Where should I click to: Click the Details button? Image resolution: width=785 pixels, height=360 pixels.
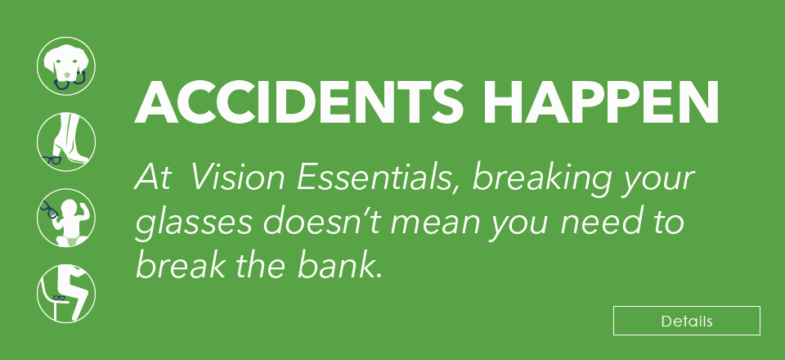pos(686,321)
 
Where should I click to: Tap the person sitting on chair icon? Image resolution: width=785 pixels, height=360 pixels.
pos(66,293)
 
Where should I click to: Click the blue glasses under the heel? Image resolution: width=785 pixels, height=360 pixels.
pos(53,160)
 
